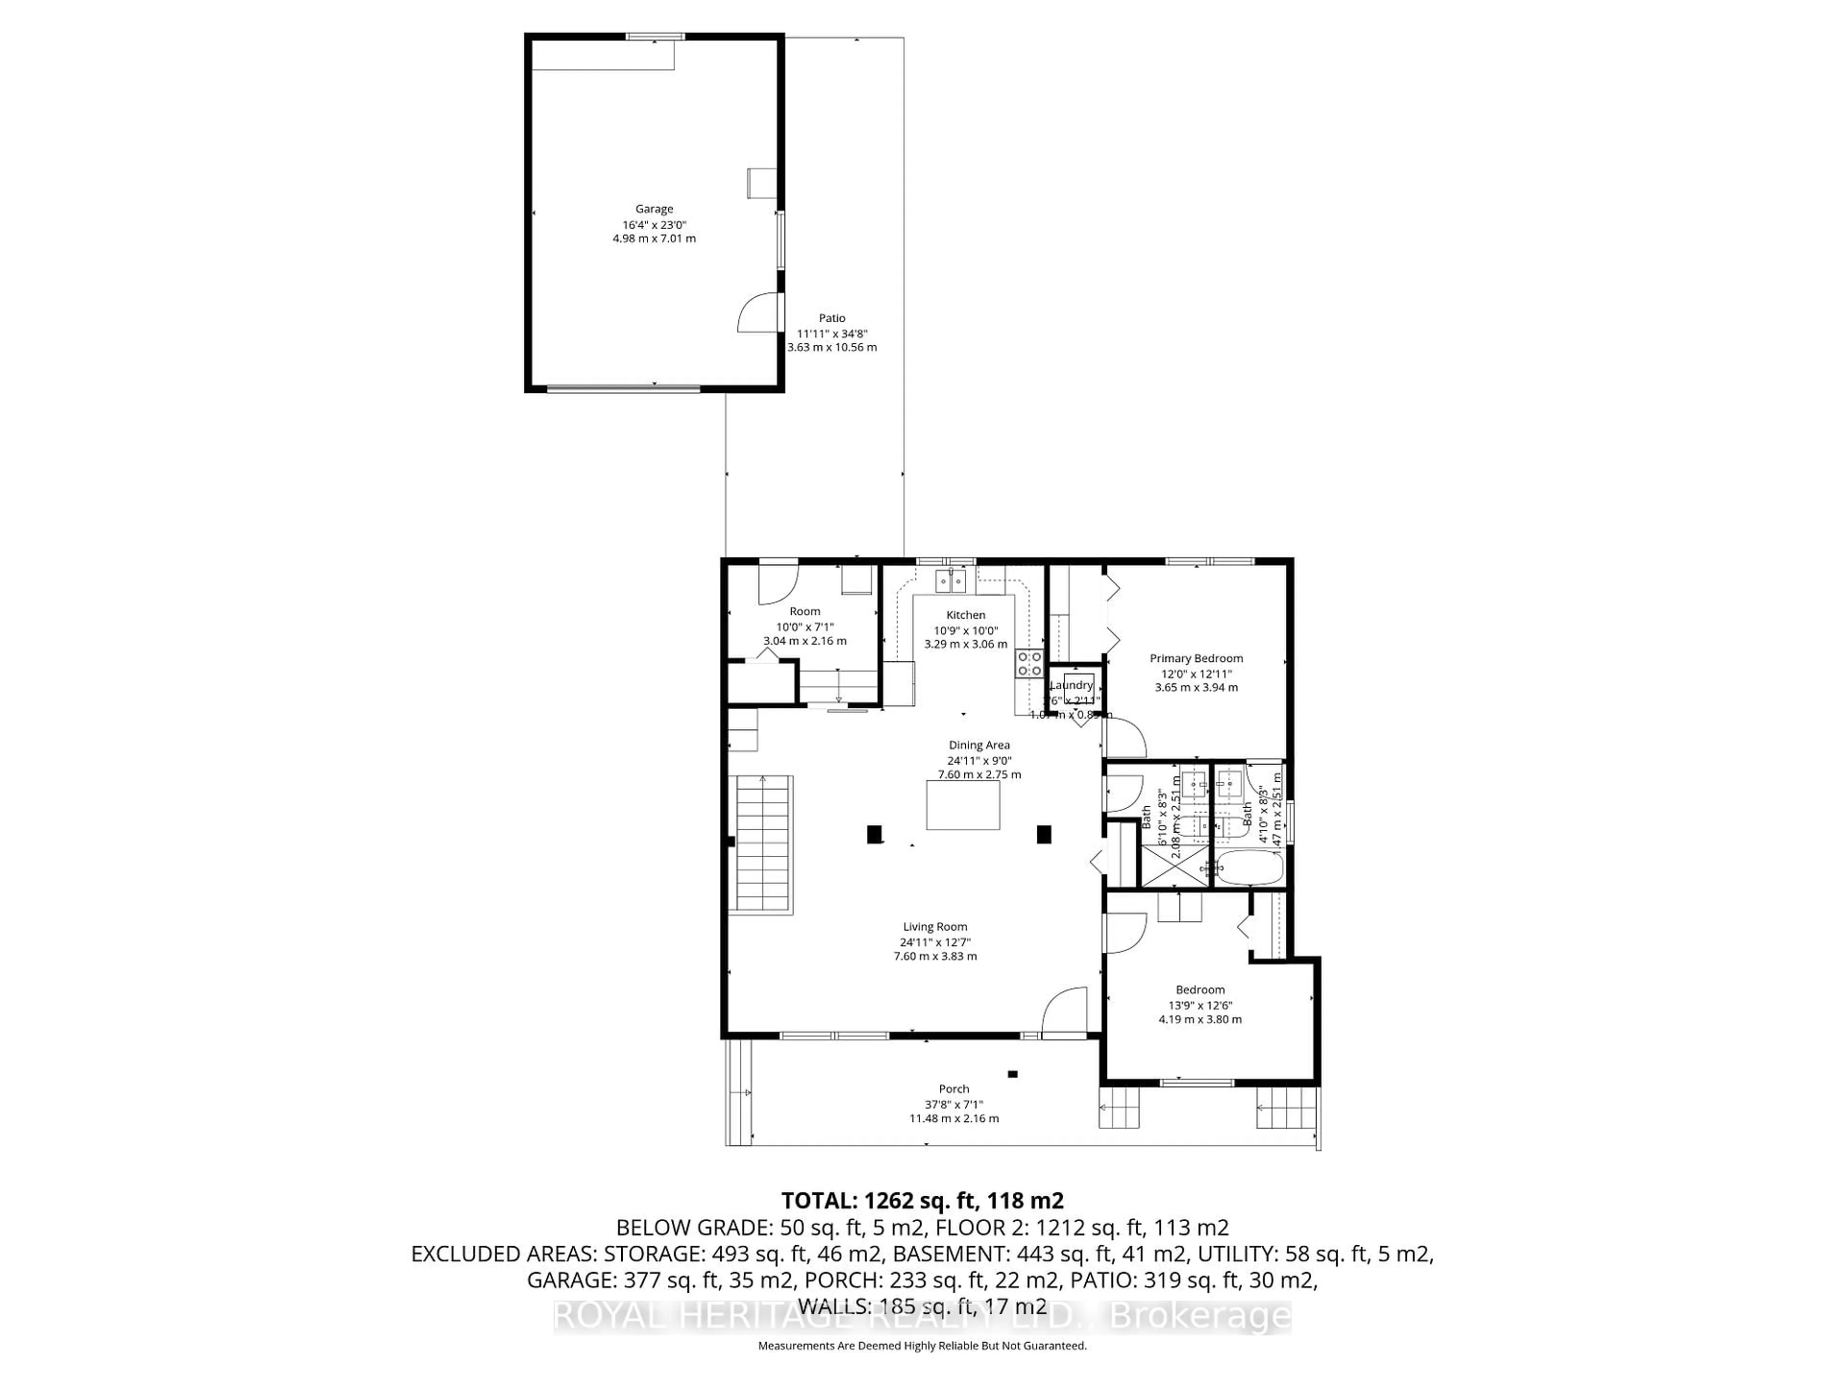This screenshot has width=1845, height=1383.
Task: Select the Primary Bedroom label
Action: [1196, 658]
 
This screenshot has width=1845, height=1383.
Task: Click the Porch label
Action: [953, 1089]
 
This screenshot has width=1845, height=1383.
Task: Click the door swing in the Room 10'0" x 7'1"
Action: [775, 585]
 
